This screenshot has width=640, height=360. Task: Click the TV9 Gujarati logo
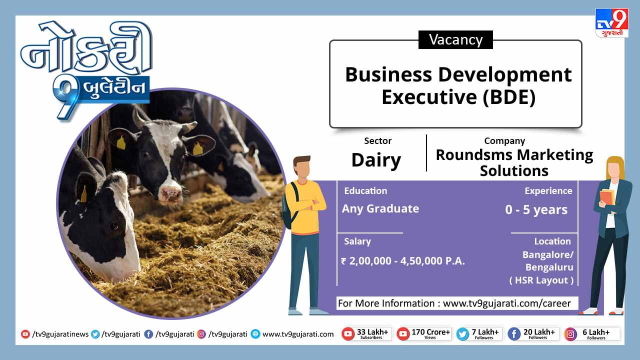tap(611, 23)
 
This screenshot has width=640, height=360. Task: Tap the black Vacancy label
tap(455, 39)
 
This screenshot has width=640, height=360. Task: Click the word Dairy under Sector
tap(376, 160)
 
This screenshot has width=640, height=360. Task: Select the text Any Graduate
tap(380, 208)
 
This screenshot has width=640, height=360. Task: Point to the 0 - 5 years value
tap(536, 209)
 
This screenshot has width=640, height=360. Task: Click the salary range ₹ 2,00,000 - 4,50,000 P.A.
tap(403, 261)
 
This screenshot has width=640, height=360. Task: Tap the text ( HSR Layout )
tap(541, 280)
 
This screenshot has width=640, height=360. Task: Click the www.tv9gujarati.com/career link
tap(507, 303)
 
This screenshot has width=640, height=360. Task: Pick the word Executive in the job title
tap(429, 97)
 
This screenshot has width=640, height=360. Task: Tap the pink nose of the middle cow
tap(170, 195)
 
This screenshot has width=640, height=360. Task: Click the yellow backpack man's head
tap(302, 167)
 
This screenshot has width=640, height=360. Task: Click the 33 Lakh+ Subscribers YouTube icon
tap(348, 334)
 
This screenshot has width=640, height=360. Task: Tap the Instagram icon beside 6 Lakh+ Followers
tap(570, 334)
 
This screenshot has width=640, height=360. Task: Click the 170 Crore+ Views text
tap(430, 333)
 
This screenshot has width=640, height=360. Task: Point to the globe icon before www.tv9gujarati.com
tap(255, 334)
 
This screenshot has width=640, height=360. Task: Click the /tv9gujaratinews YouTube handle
tap(60, 334)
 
